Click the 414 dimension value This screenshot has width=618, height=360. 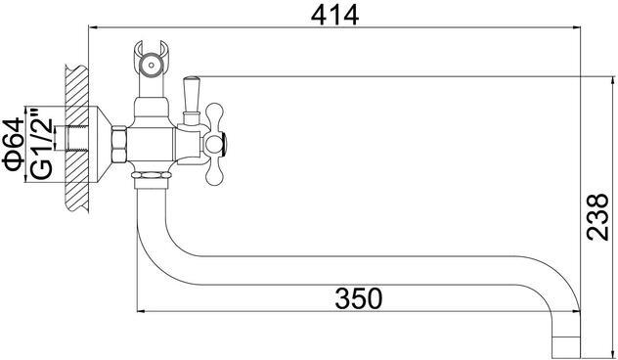(x=335, y=16)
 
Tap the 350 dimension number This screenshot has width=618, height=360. (x=359, y=298)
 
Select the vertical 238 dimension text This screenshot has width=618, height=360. (x=597, y=216)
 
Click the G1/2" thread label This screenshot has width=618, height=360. (x=41, y=144)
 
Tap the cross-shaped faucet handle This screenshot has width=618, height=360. (x=215, y=144)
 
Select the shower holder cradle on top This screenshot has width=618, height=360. (x=151, y=59)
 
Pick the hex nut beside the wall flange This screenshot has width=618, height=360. (x=119, y=145)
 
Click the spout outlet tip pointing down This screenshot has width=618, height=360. (x=566, y=345)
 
